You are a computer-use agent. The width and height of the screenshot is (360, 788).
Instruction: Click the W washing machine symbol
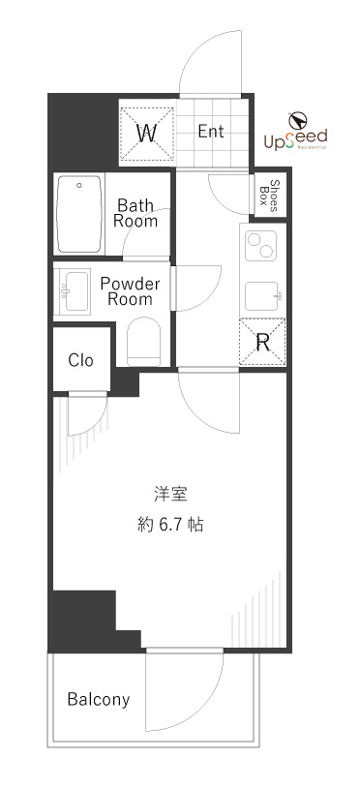pos(146,133)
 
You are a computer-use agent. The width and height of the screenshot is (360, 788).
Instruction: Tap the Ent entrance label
pos(211,133)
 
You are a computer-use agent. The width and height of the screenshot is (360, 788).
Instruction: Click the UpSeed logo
pos(296,134)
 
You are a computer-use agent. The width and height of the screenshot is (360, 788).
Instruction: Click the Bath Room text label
pos(135,213)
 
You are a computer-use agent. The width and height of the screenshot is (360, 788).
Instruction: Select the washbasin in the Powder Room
pos(76,290)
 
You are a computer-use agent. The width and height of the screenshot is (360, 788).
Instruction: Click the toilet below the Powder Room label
pos(144,344)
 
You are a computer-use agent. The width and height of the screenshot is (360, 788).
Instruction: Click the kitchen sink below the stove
pos(262,294)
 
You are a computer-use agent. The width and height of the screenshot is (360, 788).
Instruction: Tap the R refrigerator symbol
pos(262,341)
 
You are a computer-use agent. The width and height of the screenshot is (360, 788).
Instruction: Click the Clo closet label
pos(81,360)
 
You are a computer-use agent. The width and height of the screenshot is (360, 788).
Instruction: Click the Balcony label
pos(98,700)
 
